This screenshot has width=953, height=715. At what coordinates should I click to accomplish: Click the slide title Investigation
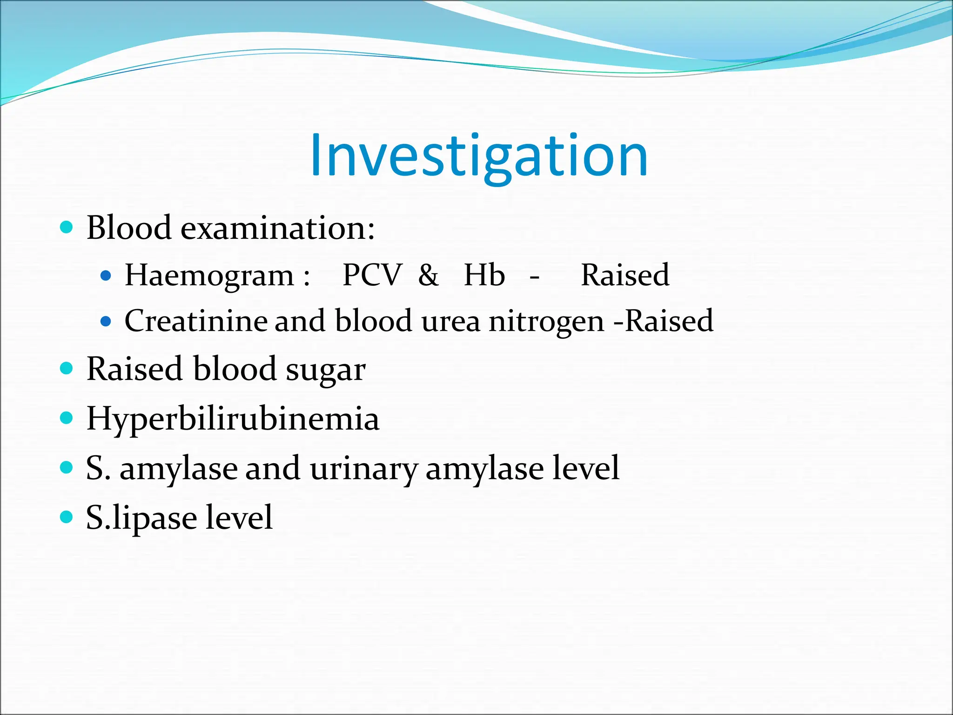click(x=479, y=156)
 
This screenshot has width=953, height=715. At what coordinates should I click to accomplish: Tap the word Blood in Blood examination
click(x=129, y=228)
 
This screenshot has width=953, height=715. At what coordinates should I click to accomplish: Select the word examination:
click(x=277, y=228)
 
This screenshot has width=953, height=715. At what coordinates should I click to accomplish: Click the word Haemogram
click(x=209, y=276)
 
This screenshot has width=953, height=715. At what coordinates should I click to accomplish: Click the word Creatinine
click(x=195, y=321)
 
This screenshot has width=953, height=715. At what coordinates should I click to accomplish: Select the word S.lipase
click(x=141, y=518)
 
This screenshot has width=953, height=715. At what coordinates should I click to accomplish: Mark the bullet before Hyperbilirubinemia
click(x=67, y=418)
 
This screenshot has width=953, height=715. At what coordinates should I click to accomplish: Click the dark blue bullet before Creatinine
click(x=106, y=321)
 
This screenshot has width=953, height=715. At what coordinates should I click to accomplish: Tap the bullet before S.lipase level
click(x=67, y=517)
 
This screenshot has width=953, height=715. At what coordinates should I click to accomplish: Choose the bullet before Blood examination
click(x=67, y=227)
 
